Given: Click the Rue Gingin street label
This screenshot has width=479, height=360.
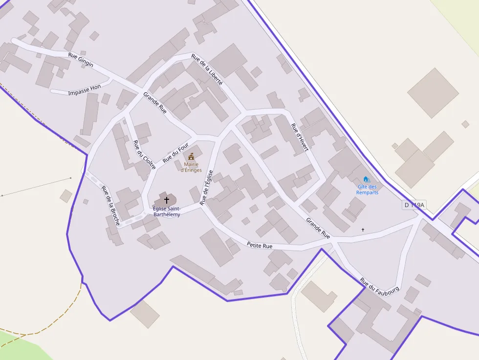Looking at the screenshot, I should coord(81,60).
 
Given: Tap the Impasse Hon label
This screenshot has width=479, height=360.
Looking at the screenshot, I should coord(85,90).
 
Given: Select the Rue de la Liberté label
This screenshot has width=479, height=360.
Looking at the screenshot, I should coord(207,69).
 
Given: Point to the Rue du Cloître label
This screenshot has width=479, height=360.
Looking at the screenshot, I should coord(144,155).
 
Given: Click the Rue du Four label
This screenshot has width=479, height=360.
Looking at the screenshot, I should coord(175,152).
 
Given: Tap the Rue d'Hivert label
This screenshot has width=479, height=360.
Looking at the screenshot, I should coord(300,137).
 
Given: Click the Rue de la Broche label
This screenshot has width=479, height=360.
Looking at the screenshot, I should coord(110,205).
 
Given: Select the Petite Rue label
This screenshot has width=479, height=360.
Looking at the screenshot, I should coord(260,245).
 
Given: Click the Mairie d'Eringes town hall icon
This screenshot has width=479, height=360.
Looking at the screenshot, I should coord(191,157).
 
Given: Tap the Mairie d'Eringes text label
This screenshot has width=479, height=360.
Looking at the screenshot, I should coord(191,167).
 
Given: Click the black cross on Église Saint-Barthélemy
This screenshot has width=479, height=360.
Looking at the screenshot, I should coord(167,200).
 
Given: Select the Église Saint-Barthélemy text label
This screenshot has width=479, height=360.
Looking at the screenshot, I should coord(167,212).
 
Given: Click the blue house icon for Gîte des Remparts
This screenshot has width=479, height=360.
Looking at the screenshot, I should coord(366,179).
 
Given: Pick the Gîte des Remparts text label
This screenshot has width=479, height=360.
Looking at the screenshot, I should coord(367,190).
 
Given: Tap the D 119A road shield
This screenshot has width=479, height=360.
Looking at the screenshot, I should coord(415,205).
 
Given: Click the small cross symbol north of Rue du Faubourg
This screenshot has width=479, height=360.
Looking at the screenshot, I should coord(363,229).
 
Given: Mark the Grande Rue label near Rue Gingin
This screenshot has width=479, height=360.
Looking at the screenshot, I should coord(155,103).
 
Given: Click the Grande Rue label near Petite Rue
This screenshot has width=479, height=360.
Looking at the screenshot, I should coord(318,228).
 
